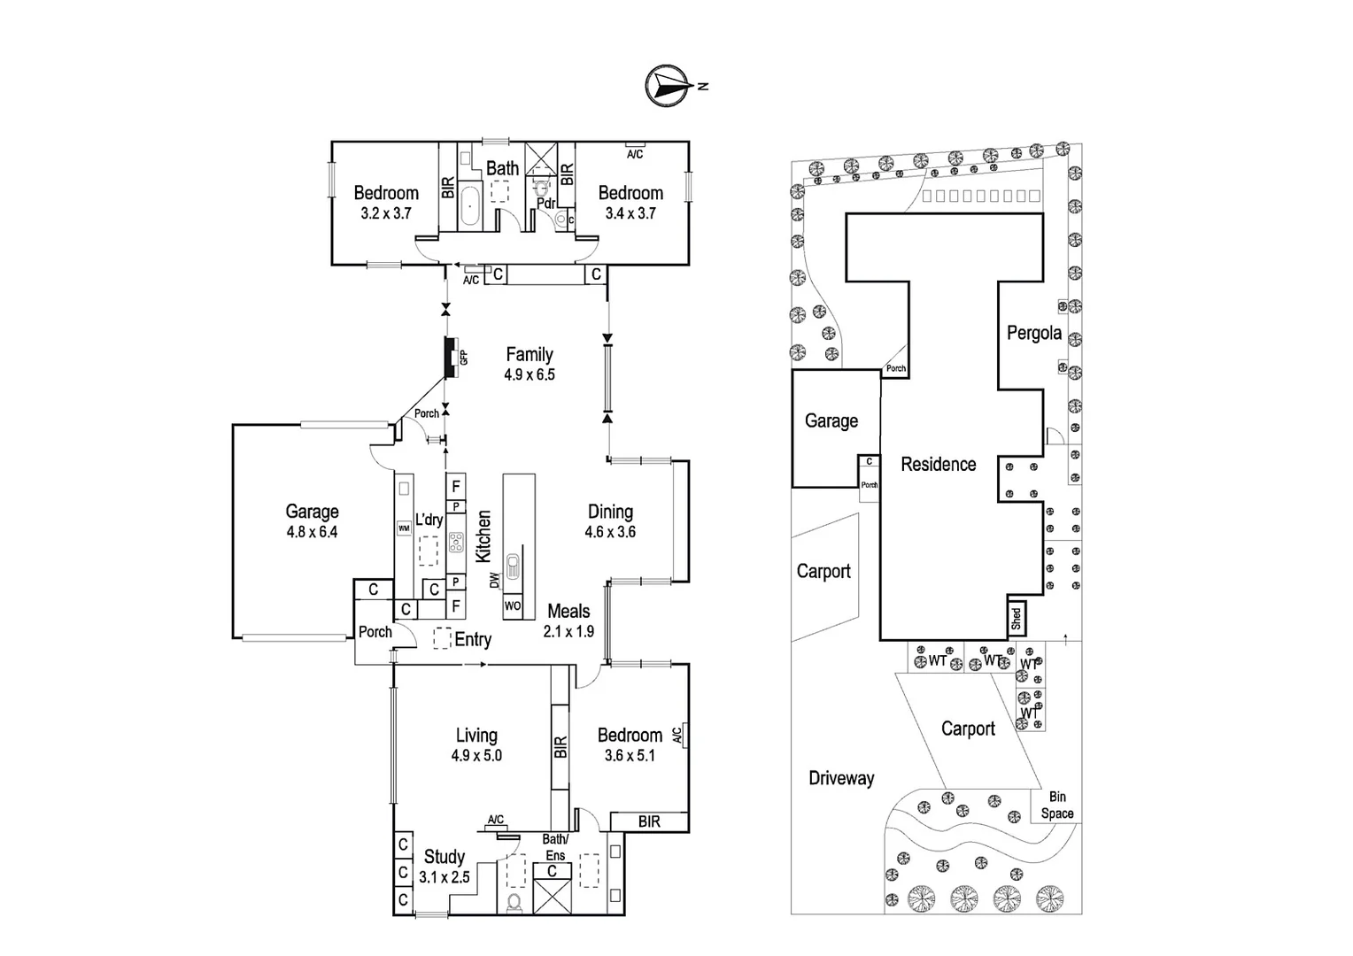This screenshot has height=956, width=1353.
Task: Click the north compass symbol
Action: tap(668, 86)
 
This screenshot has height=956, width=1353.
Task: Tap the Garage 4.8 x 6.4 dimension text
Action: tap(312, 532)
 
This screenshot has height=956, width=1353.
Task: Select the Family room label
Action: tap(530, 354)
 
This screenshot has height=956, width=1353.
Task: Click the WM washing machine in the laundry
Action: tap(404, 528)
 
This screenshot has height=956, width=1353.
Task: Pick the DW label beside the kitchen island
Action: tap(494, 580)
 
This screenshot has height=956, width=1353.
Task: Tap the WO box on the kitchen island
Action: tap(513, 606)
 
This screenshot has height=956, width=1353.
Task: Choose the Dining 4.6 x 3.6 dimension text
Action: tap(610, 532)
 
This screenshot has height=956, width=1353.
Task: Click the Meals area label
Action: tap(568, 611)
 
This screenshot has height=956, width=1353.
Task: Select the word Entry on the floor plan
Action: tap(473, 639)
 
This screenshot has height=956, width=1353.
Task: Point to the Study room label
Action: tap(445, 856)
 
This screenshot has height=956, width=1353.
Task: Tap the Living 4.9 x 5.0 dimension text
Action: tap(476, 755)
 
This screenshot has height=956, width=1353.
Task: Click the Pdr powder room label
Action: tap(546, 204)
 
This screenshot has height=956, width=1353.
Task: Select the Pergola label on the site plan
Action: tap(1034, 333)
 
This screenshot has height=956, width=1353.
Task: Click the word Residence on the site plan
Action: tap(939, 464)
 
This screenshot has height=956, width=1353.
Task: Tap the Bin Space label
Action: tap(1057, 806)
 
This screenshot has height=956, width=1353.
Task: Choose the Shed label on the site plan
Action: tap(1017, 618)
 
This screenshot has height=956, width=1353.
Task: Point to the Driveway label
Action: tap(841, 778)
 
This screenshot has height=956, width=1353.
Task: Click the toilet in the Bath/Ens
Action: tap(514, 902)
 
